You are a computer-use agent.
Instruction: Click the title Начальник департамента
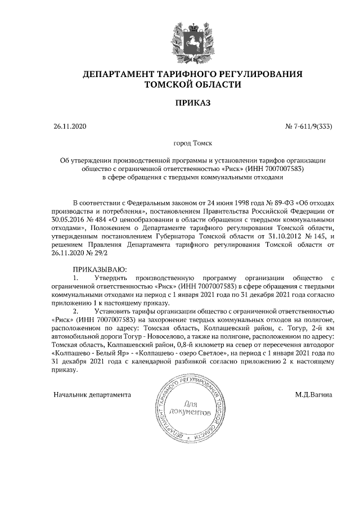coord(92,394)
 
